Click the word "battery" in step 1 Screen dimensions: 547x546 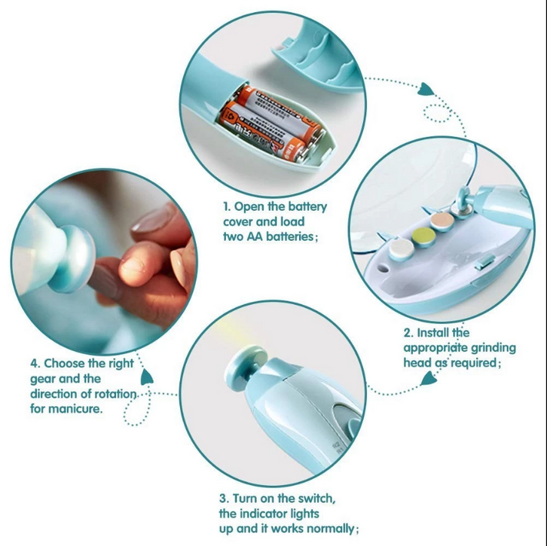tap(304, 207)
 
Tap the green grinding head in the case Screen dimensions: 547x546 tap(424, 237)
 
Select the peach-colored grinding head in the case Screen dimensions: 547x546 tap(442, 221)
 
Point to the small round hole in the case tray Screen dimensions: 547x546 tap(384, 268)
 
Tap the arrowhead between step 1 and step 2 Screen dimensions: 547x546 tap(426, 90)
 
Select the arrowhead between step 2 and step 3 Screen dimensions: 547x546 tap(429, 379)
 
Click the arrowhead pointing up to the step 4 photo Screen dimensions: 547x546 tap(147, 377)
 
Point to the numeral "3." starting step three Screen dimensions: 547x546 tap(225, 499)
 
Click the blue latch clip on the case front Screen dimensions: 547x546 tap(484, 262)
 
